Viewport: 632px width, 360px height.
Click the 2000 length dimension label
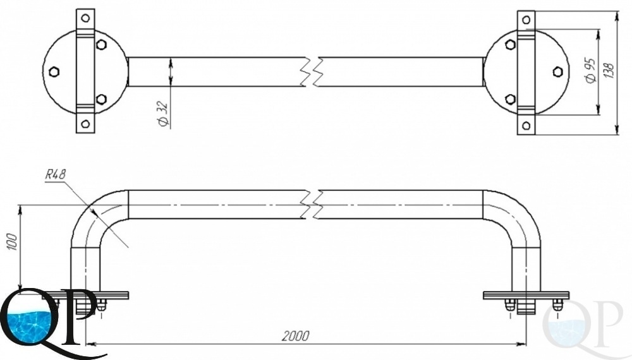point(296,335)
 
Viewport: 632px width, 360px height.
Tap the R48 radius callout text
point(55,174)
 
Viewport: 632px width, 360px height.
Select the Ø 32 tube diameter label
point(162,114)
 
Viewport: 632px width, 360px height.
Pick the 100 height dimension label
point(13,241)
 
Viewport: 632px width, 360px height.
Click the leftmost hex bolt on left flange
point(54,71)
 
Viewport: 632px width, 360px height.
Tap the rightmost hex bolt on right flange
point(557,71)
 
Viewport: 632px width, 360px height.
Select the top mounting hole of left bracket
point(85,18)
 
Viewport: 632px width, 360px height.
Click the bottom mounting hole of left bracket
point(85,124)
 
